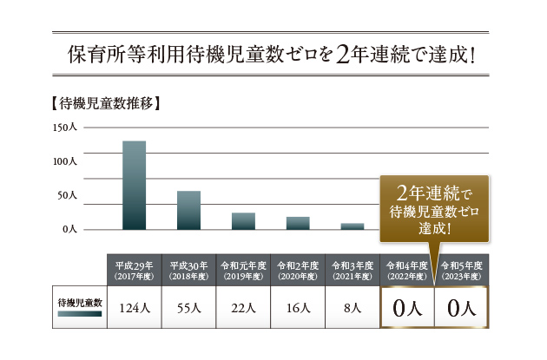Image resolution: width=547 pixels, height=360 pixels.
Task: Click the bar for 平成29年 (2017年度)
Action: pos(134,186)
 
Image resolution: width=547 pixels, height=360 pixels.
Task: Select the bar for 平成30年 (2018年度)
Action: pos(188,211)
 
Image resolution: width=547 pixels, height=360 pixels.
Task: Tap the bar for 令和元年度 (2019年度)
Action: pos(243,221)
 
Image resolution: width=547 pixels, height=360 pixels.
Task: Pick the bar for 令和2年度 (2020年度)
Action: pos(298,223)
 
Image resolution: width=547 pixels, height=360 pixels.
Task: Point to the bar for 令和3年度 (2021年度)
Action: pos(352,226)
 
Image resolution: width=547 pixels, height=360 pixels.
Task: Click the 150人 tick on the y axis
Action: pos(65,128)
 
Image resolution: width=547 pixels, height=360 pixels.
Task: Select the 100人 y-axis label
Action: pos(65,162)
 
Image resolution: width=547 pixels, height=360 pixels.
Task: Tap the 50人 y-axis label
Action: pos(68,196)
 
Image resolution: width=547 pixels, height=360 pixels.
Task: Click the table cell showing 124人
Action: pos(134,307)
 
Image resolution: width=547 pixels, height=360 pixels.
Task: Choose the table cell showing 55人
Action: pos(188,307)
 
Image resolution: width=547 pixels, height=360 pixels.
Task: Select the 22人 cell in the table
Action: pos(243,307)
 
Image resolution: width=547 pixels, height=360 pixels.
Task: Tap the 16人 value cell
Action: pos(298,307)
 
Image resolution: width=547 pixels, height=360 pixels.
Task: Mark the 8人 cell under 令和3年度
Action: pos(352,307)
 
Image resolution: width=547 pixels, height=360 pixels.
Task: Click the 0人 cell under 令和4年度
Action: pos(407,307)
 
